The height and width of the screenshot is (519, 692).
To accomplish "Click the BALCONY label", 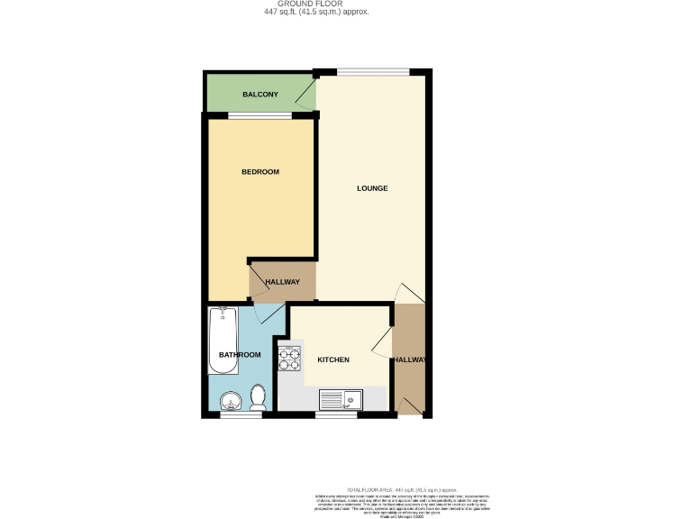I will click(260, 95).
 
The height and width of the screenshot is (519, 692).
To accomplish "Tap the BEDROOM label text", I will click(259, 172).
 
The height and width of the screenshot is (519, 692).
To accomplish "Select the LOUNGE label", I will click(372, 188).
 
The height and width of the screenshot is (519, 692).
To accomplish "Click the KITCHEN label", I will click(332, 360).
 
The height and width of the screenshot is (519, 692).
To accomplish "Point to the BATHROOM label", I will click(240, 355).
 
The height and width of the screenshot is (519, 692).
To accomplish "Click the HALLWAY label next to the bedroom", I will click(282, 282).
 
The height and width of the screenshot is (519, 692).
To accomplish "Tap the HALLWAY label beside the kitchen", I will click(409, 360).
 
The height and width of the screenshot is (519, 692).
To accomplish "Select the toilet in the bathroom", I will click(258, 397).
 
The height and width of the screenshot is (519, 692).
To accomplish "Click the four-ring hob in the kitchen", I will click(290, 359).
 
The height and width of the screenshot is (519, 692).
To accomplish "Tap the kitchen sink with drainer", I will click(340, 397).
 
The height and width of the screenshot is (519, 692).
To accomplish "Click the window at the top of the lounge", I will click(372, 72).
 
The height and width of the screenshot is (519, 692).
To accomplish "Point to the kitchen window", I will click(335, 415).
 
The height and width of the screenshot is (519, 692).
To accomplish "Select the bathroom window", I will click(234, 415).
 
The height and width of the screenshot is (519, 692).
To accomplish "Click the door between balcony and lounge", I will click(307, 95).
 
